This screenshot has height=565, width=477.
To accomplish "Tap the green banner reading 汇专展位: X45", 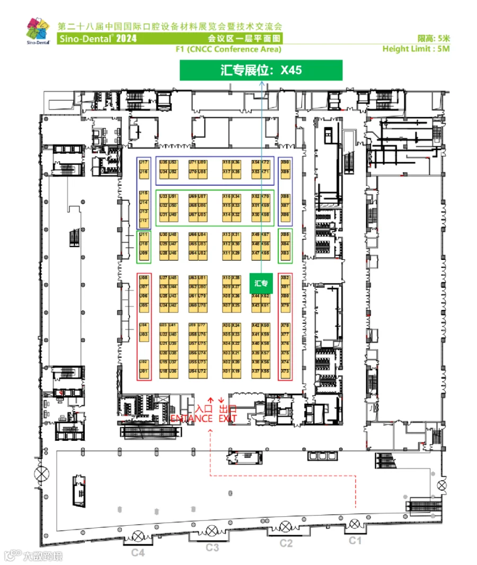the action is [x=261, y=70].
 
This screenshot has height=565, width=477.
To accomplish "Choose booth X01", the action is [x=226, y=371].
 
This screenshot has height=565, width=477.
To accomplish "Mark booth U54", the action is [x=192, y=371].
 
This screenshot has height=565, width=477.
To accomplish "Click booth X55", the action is [x=266, y=371].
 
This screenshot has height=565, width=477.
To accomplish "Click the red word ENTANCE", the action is [x=191, y=419].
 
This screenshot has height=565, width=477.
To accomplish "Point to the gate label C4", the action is [x=138, y=553].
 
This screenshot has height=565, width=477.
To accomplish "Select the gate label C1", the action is [x=354, y=541].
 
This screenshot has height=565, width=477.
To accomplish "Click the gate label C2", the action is [x=286, y=543].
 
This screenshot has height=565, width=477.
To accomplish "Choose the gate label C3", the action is [x=213, y=547].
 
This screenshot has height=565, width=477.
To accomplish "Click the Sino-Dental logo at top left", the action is [x=38, y=33].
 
